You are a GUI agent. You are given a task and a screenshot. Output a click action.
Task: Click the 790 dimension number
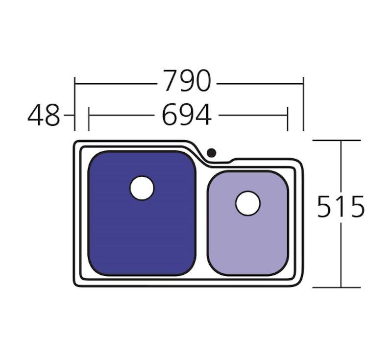pyautogui.click(x=187, y=81)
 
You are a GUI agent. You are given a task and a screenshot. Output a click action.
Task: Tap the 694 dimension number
pyautogui.click(x=187, y=116)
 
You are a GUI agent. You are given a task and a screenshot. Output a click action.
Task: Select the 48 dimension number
pyautogui.click(x=44, y=116)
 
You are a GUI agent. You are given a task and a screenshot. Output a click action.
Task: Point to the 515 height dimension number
pyautogui.click(x=341, y=207)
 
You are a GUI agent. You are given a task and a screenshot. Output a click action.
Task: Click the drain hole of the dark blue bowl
pyautogui.click(x=142, y=188)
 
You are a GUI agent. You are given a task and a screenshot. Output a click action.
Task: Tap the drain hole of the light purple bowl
pyautogui.click(x=247, y=203)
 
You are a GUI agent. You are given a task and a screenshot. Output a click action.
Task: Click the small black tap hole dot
pyautogui.click(x=211, y=153)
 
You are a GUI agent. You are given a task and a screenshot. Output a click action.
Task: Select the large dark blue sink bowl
pyautogui.click(x=142, y=230)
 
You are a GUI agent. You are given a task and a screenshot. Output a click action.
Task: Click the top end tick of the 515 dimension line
pyautogui.click(x=341, y=141)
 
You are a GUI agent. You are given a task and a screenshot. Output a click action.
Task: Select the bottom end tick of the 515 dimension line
pyautogui.click(x=341, y=288)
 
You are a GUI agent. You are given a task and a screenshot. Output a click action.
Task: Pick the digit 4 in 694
pyautogui.click(x=204, y=116)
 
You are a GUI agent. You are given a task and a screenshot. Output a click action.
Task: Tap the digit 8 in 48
pyautogui.click(x=51, y=116)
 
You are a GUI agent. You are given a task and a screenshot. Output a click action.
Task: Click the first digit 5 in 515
pyautogui.click(x=325, y=207)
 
